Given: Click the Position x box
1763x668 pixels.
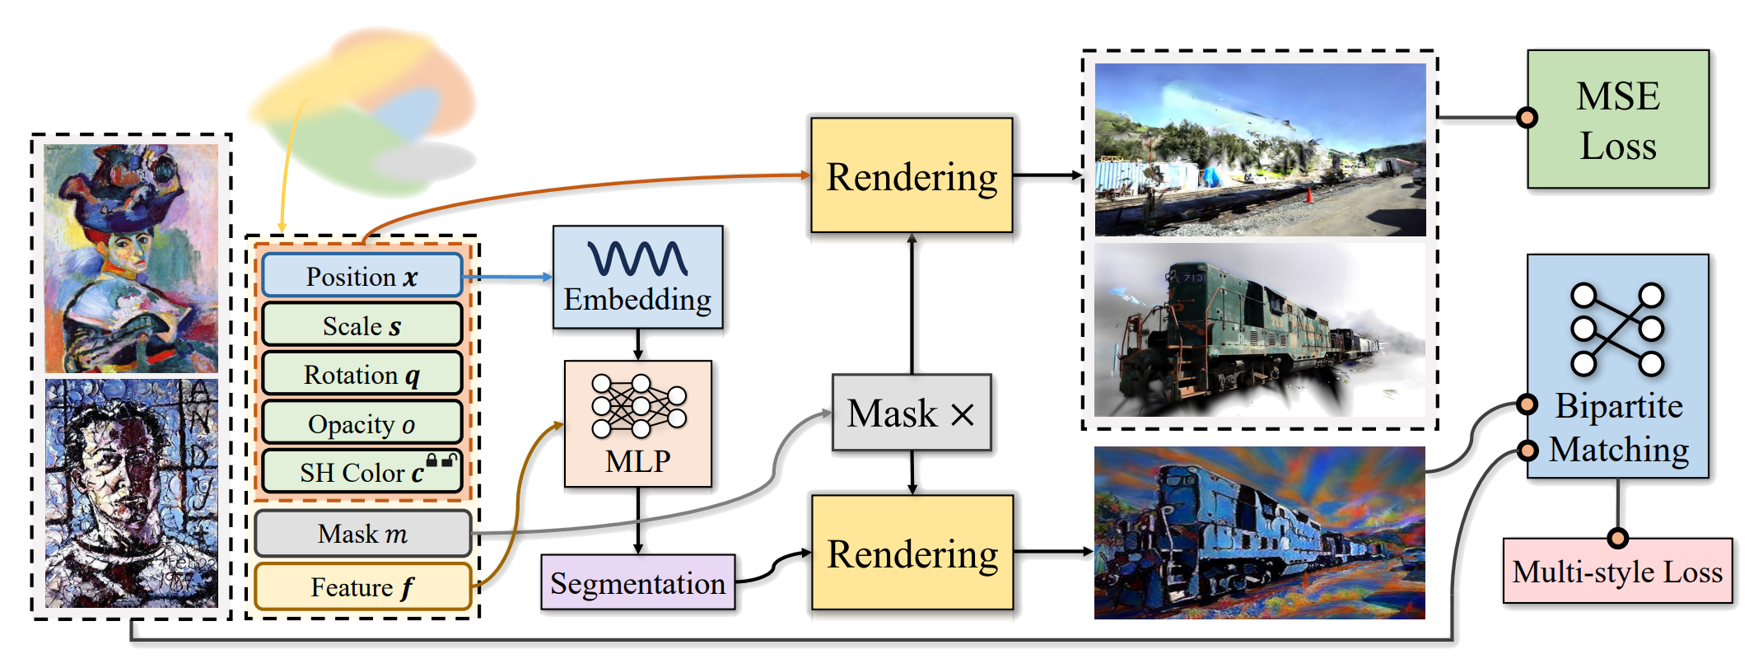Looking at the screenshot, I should click(x=362, y=276).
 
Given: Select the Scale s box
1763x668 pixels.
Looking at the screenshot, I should click(x=362, y=325).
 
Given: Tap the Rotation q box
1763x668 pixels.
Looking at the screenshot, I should click(x=362, y=375).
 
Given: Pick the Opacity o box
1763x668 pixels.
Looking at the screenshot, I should click(x=362, y=423).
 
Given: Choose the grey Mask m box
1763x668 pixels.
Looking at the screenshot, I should click(x=362, y=534).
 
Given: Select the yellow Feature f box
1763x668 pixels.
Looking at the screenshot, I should click(x=362, y=586).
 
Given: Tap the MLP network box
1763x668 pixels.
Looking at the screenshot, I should click(x=638, y=423).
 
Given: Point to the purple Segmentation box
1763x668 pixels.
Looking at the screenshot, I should click(x=637, y=583).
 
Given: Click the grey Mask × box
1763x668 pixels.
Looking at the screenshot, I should click(x=912, y=413).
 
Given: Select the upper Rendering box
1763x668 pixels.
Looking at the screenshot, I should click(x=912, y=176).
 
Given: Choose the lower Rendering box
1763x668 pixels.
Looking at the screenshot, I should click(x=912, y=554).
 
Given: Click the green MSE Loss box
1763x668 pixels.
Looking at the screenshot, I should click(x=1618, y=120).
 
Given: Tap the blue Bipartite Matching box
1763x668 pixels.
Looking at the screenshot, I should click(x=1618, y=367).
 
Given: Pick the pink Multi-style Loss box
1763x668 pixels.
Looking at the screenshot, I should click(x=1617, y=572).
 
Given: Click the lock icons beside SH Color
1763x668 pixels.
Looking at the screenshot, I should click(x=441, y=460).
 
